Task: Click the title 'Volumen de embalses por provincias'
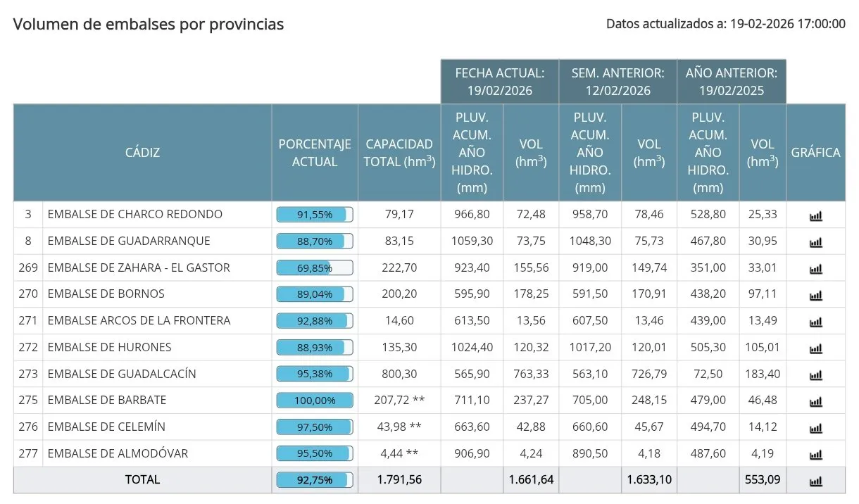coord(149,25)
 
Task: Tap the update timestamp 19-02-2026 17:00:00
coord(786,24)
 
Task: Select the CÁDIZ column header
coord(142,152)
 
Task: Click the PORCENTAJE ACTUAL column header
coord(315,152)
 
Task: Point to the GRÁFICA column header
coord(815,152)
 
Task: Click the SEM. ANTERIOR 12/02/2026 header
coord(618,82)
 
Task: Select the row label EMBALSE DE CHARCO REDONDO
coord(134,214)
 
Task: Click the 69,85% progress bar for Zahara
coord(315,267)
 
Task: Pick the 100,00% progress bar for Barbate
coord(315,400)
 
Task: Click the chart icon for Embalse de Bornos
coord(815,295)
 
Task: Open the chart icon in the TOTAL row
coord(815,481)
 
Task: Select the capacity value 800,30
coord(399,373)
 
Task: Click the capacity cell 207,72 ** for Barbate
coord(399,400)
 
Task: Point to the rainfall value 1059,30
coord(472,241)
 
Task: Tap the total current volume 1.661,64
coord(531,479)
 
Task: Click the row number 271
coord(28,320)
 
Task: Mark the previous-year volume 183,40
coord(763,373)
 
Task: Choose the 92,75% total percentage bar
coord(315,479)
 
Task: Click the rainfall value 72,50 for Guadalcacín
coord(708,373)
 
